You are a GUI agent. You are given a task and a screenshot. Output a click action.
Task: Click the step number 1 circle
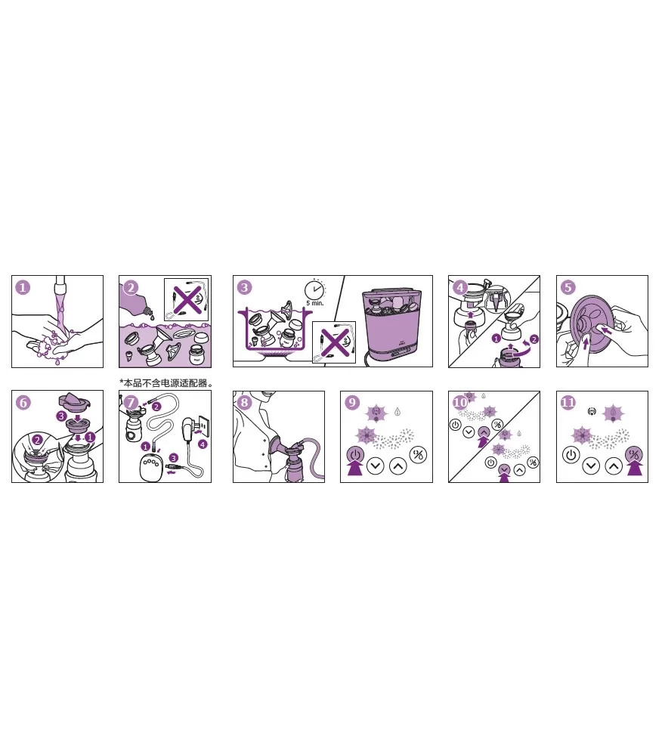23,287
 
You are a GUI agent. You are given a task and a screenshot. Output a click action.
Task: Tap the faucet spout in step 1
60,285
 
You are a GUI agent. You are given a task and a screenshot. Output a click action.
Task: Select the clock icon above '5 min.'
314,290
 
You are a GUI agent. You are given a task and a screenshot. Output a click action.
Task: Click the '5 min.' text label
315,303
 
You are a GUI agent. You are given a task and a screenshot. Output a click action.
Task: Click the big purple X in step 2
187,299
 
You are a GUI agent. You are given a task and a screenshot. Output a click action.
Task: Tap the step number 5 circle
568,287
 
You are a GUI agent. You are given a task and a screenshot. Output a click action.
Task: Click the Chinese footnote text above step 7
166,383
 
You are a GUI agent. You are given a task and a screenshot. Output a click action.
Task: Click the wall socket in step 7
204,426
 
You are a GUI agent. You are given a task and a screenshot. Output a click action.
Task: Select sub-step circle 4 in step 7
203,444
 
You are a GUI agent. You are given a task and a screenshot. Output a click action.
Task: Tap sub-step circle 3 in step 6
61,416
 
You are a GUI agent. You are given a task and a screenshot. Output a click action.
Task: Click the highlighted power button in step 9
355,454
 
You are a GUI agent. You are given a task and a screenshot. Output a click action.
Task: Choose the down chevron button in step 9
376,466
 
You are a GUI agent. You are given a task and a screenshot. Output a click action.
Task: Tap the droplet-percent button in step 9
419,454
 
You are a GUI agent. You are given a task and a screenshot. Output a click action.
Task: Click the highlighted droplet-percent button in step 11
634,454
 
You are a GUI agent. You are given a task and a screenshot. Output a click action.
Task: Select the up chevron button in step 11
614,466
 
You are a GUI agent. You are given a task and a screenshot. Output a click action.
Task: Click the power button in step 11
571,454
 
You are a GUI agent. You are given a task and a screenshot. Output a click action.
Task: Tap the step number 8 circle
245,403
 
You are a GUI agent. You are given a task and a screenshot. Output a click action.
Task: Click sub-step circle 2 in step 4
534,339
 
